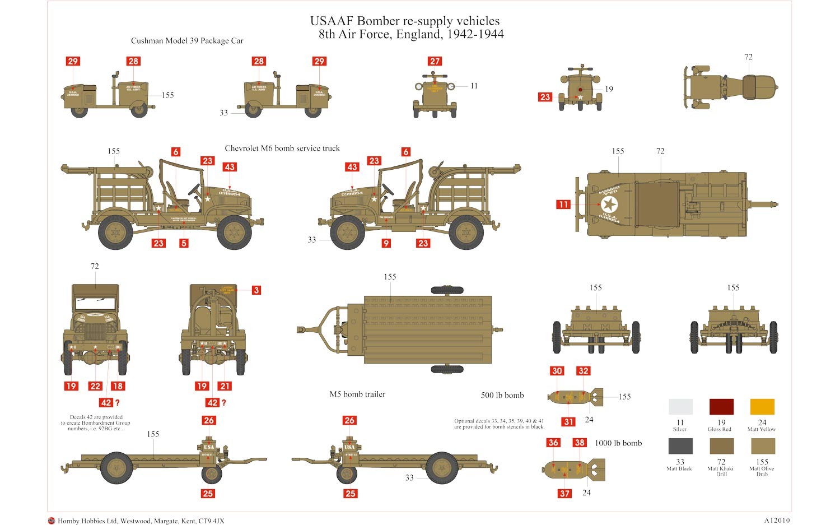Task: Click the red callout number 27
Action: click(435, 61)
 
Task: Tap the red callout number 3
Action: click(256, 290)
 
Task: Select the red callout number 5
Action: click(184, 243)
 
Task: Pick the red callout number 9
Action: click(386, 243)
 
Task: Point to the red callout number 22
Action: click(95, 386)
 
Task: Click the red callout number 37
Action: click(564, 494)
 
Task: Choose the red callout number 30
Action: click(557, 371)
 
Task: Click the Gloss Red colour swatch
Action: click(721, 407)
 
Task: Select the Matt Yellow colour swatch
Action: click(762, 407)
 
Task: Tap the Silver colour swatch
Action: click(680, 407)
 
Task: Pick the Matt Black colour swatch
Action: click(680, 446)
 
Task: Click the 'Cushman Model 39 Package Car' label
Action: click(187, 41)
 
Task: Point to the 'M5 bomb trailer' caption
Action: click(357, 394)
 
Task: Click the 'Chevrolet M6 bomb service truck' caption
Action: click(282, 148)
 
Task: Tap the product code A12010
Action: click(777, 521)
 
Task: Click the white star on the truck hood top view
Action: click(609, 205)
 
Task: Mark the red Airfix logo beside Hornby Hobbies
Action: click(52, 521)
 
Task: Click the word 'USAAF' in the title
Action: click(332, 21)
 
